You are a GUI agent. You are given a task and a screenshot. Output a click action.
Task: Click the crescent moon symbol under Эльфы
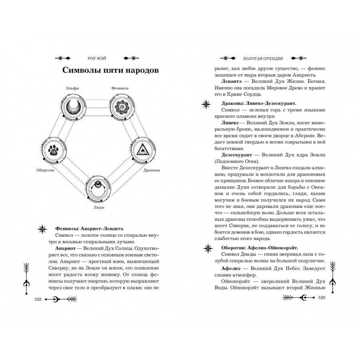(x=74, y=107)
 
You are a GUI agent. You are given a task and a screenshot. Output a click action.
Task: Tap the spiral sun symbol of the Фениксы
(x=122, y=107)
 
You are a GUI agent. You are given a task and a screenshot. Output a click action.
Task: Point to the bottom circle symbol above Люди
(x=98, y=188)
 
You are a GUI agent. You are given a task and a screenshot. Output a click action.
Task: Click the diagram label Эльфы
(x=72, y=88)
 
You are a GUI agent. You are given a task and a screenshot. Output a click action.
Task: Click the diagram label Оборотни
(x=45, y=170)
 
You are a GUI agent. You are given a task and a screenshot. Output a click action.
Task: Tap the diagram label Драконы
(x=152, y=170)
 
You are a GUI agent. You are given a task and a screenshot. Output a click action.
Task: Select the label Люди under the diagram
(x=99, y=207)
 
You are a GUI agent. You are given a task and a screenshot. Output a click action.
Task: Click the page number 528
(x=38, y=299)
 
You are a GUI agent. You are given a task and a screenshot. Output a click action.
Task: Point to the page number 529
(x=322, y=298)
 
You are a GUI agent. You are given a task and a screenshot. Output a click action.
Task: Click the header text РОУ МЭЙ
(x=97, y=58)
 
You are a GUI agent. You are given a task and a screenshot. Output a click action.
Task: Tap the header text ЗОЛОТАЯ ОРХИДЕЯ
(x=263, y=58)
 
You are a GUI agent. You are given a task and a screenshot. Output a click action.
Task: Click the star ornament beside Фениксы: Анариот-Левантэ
(x=42, y=229)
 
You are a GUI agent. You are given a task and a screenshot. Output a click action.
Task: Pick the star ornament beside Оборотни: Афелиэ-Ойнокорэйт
(x=208, y=248)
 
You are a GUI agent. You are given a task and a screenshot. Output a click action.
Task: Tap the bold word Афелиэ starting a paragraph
(x=231, y=268)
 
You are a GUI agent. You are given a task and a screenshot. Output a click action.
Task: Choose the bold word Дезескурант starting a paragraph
(x=237, y=155)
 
